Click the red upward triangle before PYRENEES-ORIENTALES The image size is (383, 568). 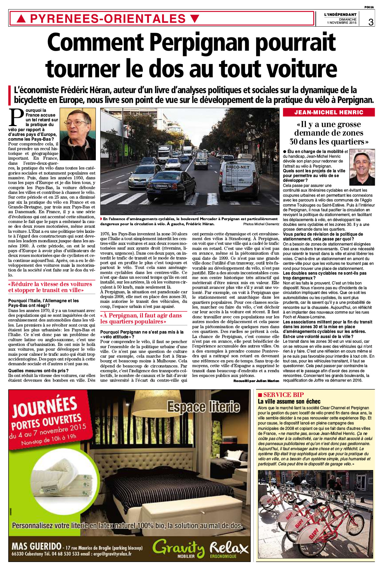[x=21, y=19]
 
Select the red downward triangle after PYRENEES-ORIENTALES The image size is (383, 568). [x=195, y=19]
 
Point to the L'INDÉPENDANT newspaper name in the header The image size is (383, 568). [x=340, y=14]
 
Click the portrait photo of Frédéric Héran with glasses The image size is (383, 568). [x=78, y=134]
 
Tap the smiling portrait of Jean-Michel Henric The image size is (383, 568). [x=362, y=167]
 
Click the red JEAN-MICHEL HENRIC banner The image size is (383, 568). [x=329, y=112]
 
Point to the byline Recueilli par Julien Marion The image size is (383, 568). [x=256, y=381]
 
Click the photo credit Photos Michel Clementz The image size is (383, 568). [x=261, y=224]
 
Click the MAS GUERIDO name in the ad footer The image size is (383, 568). [x=36, y=546]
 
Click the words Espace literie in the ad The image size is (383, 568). [x=203, y=406]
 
